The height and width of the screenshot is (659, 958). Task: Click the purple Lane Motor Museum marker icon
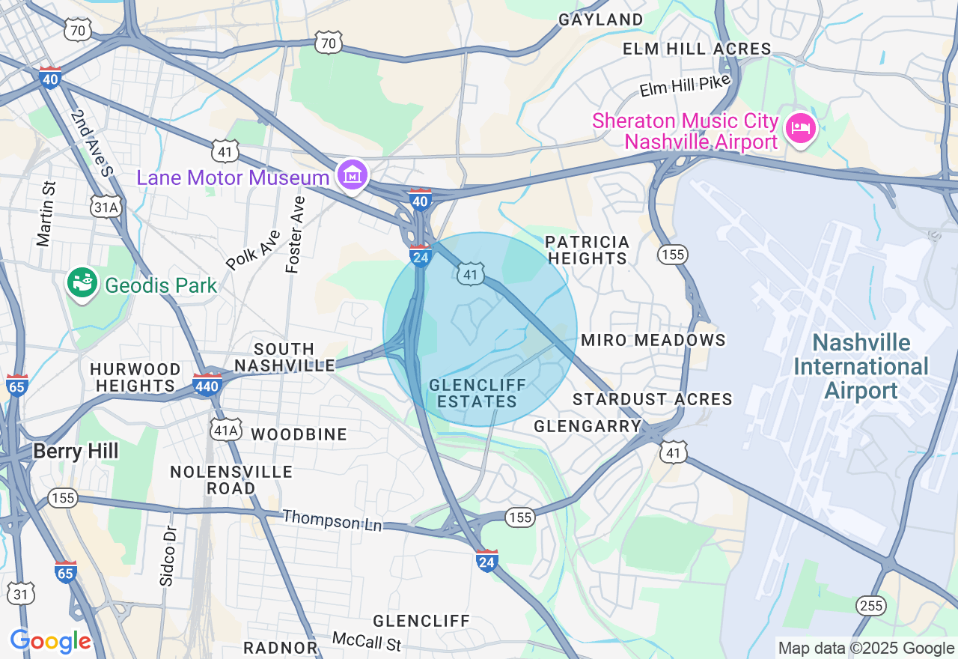tap(352, 174)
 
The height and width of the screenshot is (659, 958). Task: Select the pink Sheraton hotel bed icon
tap(800, 128)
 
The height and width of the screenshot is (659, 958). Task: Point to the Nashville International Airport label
tap(861, 367)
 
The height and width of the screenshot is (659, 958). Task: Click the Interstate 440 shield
tap(207, 385)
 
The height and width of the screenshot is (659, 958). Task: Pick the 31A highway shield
tap(106, 207)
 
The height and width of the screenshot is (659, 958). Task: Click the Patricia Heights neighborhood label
tap(587, 250)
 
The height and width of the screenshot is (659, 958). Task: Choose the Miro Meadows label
tap(653, 340)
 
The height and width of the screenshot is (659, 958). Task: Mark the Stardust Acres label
tap(652, 399)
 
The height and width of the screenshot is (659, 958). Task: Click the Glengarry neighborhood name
tap(588, 426)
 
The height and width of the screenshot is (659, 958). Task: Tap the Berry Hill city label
tap(76, 451)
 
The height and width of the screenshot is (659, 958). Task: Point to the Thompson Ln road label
tap(332, 520)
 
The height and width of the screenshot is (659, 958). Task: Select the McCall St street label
tap(367, 642)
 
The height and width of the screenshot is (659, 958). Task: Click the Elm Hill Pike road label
tap(684, 86)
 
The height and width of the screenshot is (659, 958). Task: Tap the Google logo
tap(50, 642)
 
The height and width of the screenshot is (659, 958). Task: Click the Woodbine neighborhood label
tap(299, 434)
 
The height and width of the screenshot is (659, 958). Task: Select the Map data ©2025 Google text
tap(866, 649)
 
